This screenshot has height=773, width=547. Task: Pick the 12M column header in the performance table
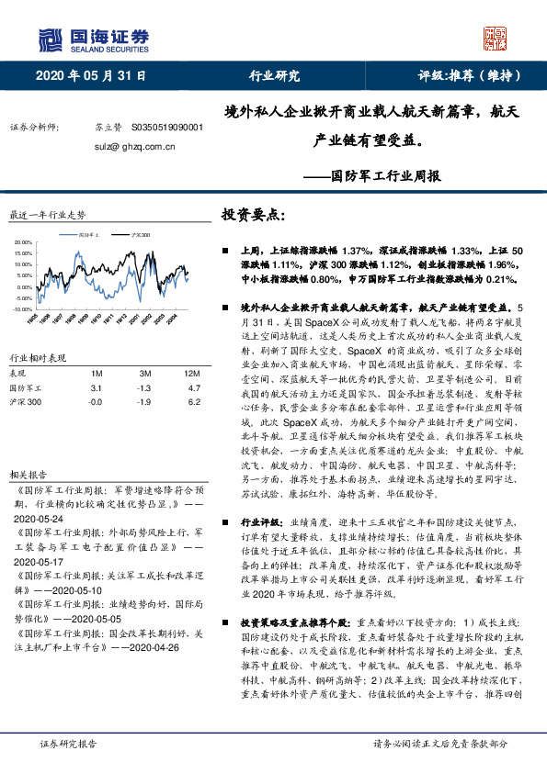pyautogui.click(x=190, y=374)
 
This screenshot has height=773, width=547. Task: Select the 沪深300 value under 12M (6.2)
pyautogui.click(x=193, y=402)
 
